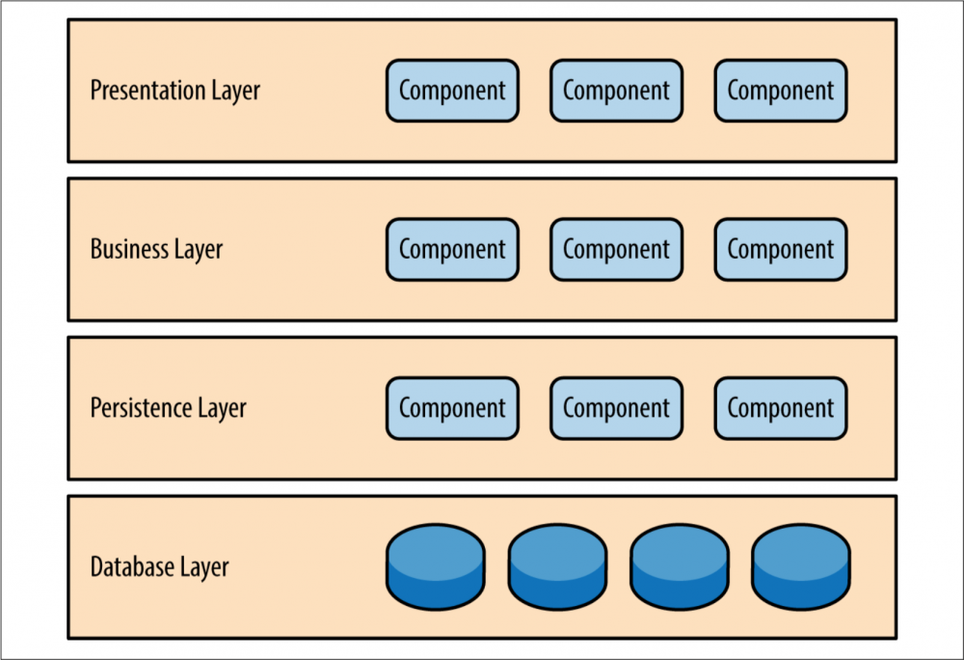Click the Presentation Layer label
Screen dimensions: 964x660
(175, 91)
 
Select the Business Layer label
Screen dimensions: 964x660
(156, 249)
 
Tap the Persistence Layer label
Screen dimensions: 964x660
(168, 408)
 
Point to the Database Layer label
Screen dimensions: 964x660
(159, 566)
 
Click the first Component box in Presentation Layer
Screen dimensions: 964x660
(452, 91)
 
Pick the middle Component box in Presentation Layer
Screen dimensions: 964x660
(617, 91)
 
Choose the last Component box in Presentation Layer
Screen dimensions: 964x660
(781, 91)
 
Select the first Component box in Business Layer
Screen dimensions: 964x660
(452, 249)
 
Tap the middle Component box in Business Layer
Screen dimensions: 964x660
(617, 249)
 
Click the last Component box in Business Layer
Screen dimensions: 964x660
(781, 249)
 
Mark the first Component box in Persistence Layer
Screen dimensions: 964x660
(452, 408)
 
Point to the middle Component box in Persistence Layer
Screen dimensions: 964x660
(617, 408)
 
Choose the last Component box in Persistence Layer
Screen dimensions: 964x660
(781, 408)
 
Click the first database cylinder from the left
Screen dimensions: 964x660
(436, 566)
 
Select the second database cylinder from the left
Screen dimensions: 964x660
(557, 566)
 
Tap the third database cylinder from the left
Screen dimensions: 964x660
(680, 566)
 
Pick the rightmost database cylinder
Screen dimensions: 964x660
(801, 566)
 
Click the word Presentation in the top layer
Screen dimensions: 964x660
(147, 90)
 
